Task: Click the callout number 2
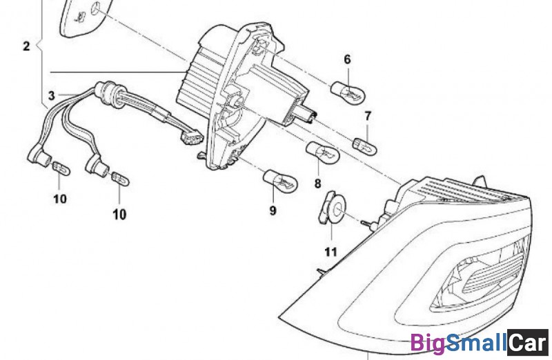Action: click(26, 47)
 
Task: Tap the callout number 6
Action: click(347, 59)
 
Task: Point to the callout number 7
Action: click(367, 115)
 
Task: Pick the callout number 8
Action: click(317, 183)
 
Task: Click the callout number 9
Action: click(273, 210)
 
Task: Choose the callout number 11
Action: click(331, 251)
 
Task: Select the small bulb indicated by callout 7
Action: click(365, 145)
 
